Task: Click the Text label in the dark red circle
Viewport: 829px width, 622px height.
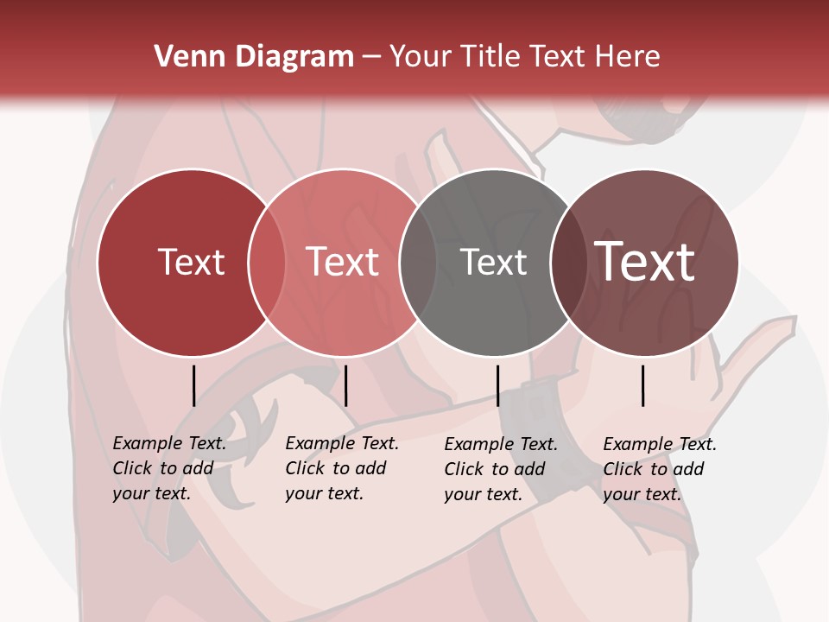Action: [191, 262]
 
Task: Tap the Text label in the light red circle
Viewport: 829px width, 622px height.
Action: [342, 262]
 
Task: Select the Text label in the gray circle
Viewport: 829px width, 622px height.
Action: [493, 262]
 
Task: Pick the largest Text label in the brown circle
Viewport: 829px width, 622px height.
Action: [645, 262]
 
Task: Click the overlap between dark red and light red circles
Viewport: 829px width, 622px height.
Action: [267, 262]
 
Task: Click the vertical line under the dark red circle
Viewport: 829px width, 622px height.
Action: [193, 385]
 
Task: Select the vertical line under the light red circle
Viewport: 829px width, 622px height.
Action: [345, 385]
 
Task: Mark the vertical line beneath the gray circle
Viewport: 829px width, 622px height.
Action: [497, 385]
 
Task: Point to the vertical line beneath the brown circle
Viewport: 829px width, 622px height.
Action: [642, 385]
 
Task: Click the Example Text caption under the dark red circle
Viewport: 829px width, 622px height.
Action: [168, 468]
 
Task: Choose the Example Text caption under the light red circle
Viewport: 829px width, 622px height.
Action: [341, 468]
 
